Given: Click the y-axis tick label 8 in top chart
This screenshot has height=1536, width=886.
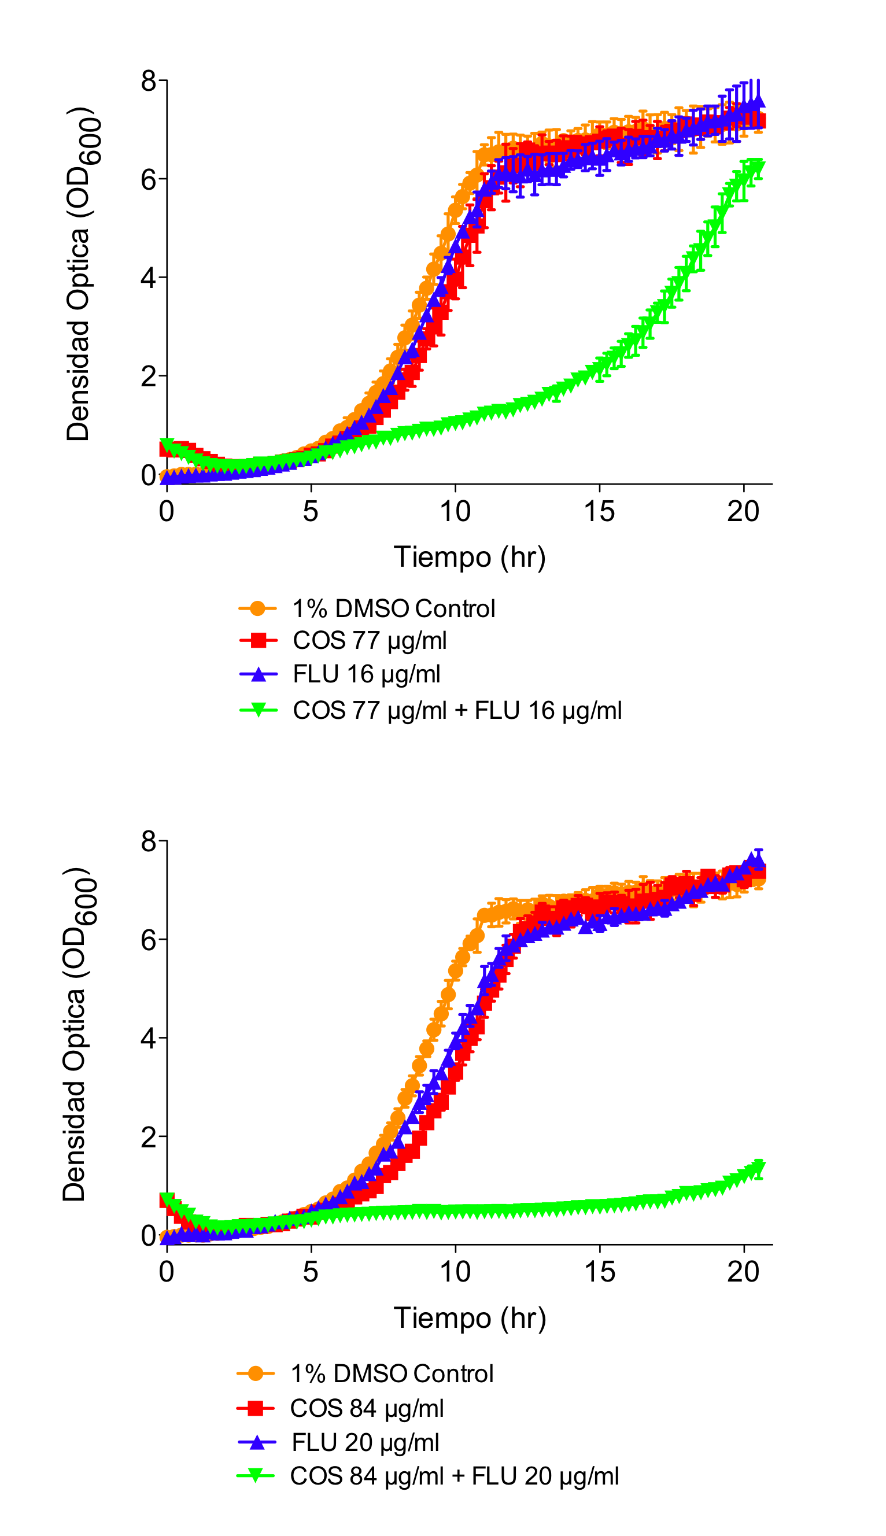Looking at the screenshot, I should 149,81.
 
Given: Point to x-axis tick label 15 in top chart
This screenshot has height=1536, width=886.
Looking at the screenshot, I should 599,512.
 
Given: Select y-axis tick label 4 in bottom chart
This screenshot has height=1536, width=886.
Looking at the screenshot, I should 149,1039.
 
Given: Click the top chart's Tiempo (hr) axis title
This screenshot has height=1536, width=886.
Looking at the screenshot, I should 469,557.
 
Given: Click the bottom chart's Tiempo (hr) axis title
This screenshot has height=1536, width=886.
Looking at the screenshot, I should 469,1318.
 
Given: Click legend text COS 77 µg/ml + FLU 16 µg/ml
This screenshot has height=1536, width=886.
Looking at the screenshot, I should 457,711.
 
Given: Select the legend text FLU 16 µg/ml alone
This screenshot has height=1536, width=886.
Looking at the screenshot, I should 366,674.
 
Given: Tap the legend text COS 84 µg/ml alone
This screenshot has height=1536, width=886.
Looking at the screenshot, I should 367,1408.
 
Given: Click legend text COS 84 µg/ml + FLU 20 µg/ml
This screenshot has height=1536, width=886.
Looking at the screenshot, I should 455,1476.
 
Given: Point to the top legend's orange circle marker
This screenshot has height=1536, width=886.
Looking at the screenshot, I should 258,608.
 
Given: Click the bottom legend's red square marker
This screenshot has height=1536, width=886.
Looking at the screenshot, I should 256,1408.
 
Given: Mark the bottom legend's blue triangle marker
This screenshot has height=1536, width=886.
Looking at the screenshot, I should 256,1442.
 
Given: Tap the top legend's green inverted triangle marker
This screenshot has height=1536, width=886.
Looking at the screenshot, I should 258,710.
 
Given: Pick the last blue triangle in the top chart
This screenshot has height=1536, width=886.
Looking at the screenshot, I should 758,101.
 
